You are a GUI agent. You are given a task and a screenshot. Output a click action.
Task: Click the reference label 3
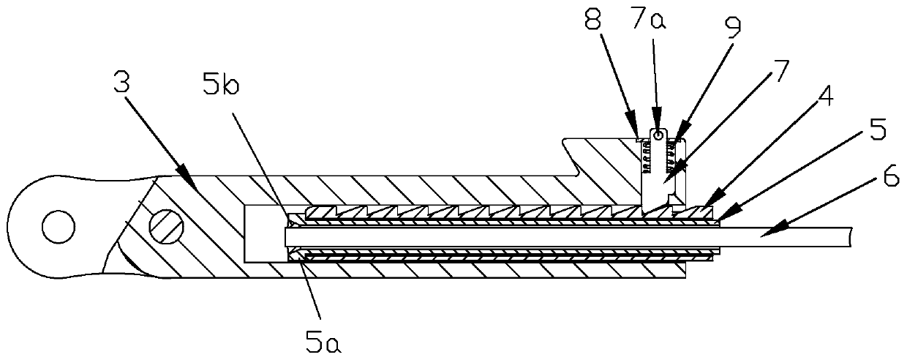pos(121,83)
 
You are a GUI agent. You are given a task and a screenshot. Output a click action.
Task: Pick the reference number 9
pos(731,27)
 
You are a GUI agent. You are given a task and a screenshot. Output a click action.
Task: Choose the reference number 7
pos(780,72)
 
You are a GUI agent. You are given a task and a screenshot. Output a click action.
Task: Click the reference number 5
pos(878,132)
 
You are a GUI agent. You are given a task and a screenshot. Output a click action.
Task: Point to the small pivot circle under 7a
pos(659,135)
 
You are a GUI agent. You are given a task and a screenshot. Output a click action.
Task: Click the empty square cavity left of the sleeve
pos(263,233)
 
